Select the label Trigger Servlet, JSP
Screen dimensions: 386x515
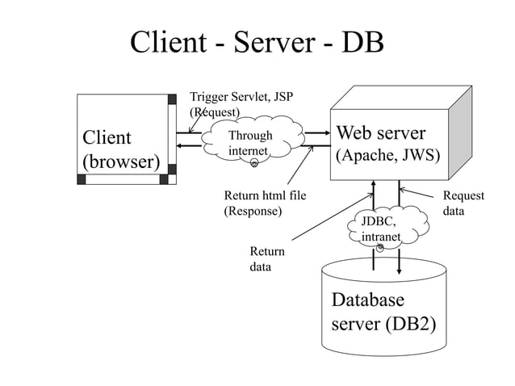point(241,98)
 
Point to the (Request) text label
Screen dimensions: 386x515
point(214,112)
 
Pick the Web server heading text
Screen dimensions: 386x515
point(380,132)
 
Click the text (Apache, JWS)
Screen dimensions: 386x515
point(388,154)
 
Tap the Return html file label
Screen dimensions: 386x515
point(265,195)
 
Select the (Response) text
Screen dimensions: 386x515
point(252,211)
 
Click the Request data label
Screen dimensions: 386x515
point(463,203)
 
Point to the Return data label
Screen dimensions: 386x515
point(266,258)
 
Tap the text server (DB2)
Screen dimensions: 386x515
point(383,324)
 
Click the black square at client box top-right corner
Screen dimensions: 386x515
point(172,100)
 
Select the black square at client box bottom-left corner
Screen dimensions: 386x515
point(81,179)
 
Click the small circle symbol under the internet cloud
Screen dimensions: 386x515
point(254,164)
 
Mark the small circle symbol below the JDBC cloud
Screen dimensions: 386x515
point(379,247)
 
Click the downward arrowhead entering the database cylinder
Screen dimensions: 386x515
point(400,271)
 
